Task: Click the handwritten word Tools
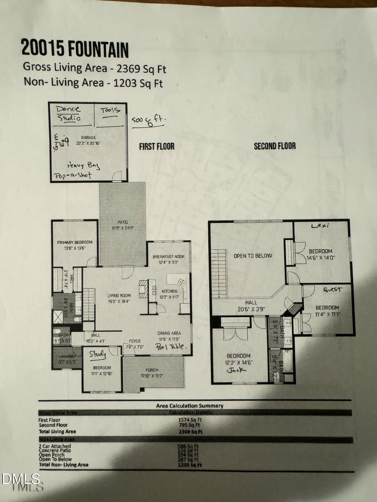pos(110,110)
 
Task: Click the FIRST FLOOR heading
pos(157,146)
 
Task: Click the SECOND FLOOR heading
pos(274,146)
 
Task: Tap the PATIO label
pos(123,222)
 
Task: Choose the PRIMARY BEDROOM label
pos(75,242)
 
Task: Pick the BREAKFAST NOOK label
pos(169,257)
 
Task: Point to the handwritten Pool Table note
pos(173,347)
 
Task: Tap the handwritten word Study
pos(98,355)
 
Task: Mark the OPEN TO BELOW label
pos(253,256)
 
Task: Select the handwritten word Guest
pos(332,289)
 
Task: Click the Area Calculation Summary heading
pos(189,405)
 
